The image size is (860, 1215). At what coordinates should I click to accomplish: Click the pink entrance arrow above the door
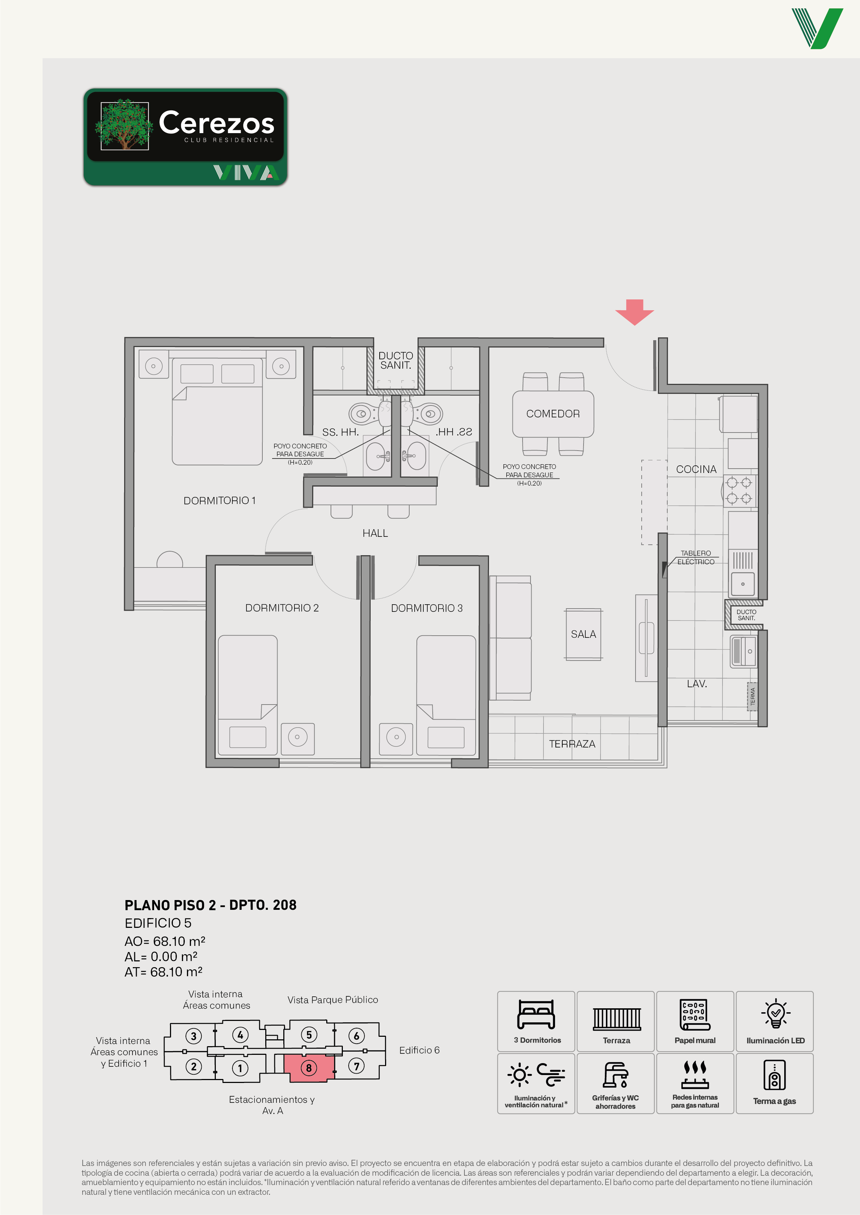634,312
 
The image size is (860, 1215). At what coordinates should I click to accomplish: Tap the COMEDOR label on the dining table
553,413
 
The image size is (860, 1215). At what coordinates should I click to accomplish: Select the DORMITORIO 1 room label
219,500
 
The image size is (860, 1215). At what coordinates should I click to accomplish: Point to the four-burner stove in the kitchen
739,490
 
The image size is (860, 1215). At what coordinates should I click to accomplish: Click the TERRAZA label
572,744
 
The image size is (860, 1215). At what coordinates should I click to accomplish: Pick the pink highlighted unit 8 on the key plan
309,1068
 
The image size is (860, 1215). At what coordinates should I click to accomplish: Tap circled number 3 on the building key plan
194,1036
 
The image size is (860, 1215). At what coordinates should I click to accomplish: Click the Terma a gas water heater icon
774,1074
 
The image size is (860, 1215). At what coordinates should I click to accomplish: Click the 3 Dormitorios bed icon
536,1014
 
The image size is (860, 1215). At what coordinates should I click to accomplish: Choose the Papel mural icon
695,1014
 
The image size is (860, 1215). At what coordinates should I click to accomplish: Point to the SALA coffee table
583,634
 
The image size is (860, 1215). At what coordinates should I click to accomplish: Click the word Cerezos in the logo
217,122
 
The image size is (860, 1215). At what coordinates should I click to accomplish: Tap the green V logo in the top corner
817,28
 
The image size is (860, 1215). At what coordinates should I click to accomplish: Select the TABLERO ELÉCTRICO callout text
696,557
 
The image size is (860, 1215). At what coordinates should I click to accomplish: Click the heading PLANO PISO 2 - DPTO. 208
210,905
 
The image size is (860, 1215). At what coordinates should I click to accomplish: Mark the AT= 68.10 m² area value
163,971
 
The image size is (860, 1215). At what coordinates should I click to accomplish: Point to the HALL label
375,533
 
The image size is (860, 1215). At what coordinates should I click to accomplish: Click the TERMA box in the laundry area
752,697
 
